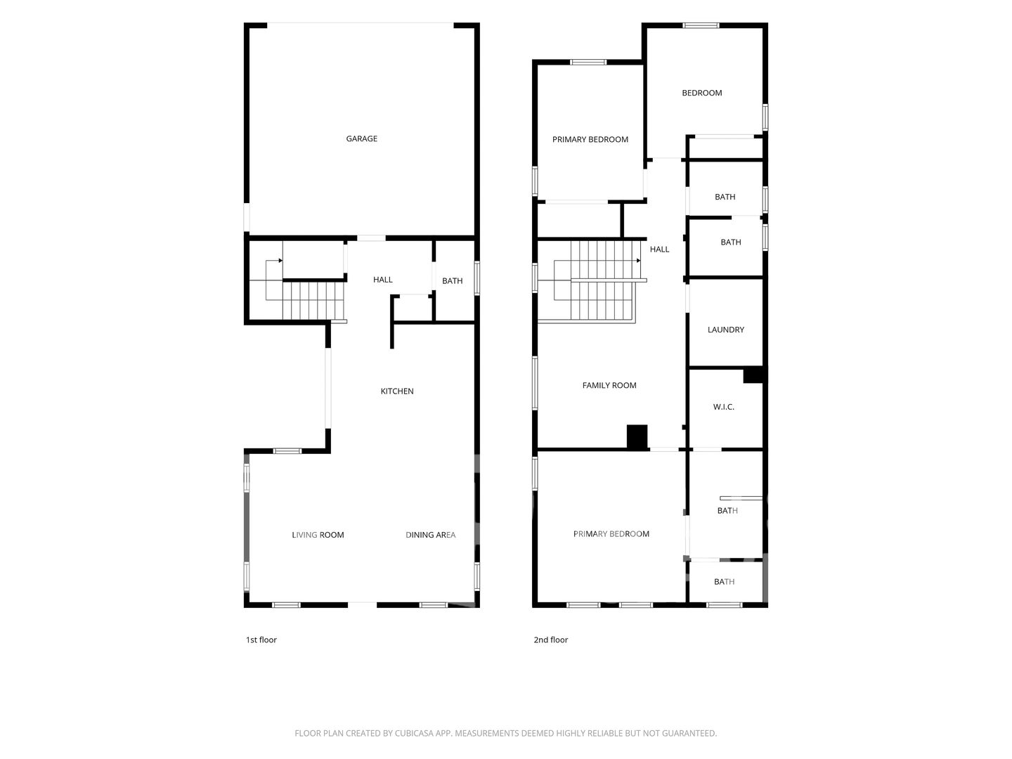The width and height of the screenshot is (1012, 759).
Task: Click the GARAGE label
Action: tap(361, 138)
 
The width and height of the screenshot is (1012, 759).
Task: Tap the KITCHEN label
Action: tap(397, 391)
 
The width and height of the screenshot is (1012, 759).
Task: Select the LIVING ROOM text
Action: tap(318, 535)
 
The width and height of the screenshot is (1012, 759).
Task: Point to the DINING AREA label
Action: tap(430, 535)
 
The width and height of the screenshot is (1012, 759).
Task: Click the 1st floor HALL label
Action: tap(383, 280)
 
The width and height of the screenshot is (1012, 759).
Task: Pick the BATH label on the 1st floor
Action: tap(453, 281)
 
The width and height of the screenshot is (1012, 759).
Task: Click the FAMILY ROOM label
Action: tap(609, 385)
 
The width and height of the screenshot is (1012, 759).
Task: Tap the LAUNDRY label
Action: tap(726, 330)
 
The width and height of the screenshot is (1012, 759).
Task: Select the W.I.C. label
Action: tap(723, 407)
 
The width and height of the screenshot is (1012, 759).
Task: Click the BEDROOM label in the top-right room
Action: tap(701, 93)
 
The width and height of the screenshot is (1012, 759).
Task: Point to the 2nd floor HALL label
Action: tap(659, 249)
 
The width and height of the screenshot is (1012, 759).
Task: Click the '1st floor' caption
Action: tap(261, 640)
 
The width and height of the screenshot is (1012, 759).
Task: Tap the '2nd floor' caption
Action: tap(550, 640)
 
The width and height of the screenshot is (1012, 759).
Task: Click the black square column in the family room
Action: tap(637, 437)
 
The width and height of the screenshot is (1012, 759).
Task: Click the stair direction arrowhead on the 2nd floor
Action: tap(639, 261)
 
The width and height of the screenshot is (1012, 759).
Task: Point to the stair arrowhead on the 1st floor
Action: tap(280, 261)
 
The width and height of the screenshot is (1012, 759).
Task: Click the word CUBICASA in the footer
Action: tap(413, 733)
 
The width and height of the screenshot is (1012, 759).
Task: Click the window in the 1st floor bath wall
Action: tap(477, 278)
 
